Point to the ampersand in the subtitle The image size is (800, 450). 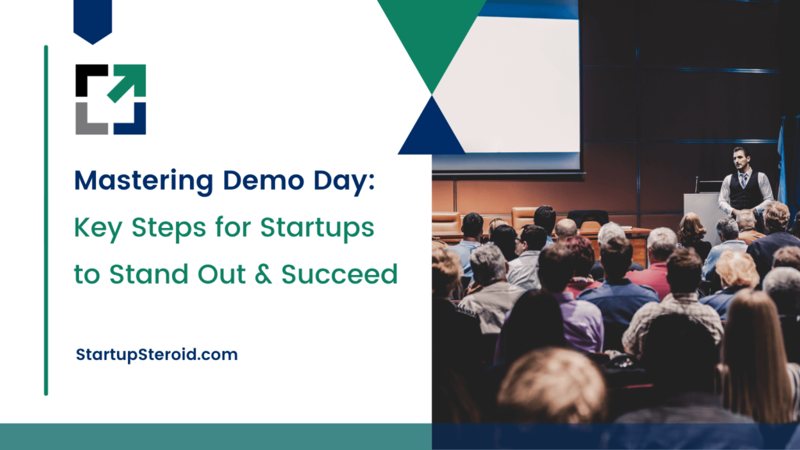click(x=262, y=274)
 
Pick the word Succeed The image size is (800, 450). click(x=339, y=274)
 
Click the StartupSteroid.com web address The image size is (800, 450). click(x=156, y=355)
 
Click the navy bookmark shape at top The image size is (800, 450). click(x=93, y=20)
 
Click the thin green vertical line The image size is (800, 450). click(x=46, y=220)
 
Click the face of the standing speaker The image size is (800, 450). click(x=740, y=159)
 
